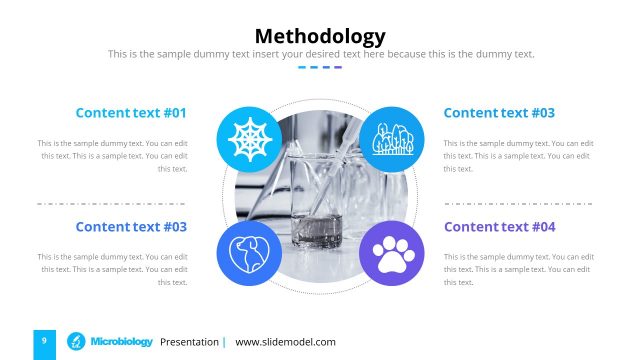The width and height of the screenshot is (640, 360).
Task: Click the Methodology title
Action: (x=320, y=37)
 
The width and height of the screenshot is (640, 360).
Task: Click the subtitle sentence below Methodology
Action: (x=320, y=54)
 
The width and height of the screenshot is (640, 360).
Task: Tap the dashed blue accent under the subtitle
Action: (x=320, y=68)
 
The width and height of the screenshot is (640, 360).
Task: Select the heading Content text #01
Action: (x=131, y=113)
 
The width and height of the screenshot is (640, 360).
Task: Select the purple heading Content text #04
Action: (x=499, y=227)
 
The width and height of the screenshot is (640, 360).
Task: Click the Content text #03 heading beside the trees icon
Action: (x=499, y=113)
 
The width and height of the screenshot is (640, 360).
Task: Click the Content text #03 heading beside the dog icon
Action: (x=131, y=227)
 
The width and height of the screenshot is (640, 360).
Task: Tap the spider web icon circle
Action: (x=248, y=139)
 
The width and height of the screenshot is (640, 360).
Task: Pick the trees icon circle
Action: (x=392, y=139)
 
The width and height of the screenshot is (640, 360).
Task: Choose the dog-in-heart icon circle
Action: (x=248, y=252)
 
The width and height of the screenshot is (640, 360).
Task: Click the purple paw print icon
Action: (x=392, y=252)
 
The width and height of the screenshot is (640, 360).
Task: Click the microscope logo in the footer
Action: (x=75, y=342)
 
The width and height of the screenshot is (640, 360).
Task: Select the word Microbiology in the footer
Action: (x=121, y=342)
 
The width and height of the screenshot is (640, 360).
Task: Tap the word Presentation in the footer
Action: (x=189, y=342)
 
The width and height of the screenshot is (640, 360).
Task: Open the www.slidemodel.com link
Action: (x=285, y=342)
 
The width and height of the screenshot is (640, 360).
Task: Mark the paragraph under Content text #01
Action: (x=113, y=156)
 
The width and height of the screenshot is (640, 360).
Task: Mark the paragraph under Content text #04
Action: (x=518, y=269)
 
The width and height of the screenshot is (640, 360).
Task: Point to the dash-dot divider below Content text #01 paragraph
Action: (x=112, y=203)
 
